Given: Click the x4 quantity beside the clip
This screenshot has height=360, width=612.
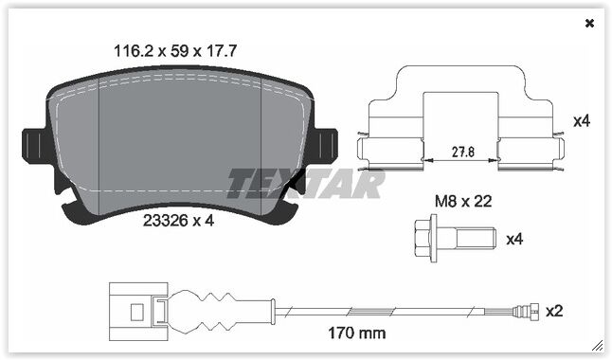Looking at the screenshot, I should (x=582, y=121).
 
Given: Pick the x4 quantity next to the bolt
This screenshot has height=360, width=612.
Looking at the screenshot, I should (x=514, y=239).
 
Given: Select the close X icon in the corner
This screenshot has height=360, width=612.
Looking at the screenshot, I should (x=590, y=23).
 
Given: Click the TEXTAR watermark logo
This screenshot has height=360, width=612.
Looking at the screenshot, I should (x=304, y=183).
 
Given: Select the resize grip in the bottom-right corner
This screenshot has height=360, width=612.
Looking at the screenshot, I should (x=597, y=345).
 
